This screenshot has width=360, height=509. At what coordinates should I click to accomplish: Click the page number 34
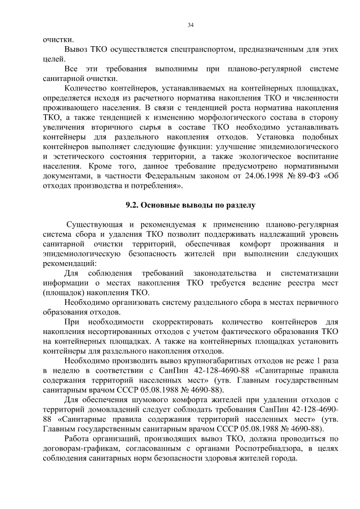(x=190, y=25)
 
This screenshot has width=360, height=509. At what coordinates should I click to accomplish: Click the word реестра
(x=287, y=283)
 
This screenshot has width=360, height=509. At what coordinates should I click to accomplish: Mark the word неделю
(x=65, y=370)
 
